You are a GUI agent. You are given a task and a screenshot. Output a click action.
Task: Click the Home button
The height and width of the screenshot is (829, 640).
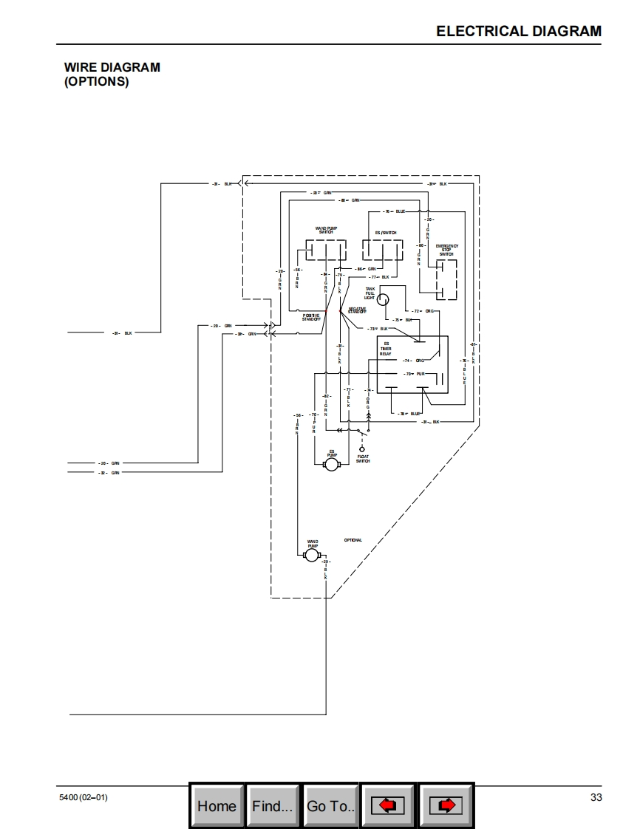click(x=217, y=806)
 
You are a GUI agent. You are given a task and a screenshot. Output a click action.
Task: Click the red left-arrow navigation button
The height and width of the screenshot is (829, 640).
click(x=388, y=806)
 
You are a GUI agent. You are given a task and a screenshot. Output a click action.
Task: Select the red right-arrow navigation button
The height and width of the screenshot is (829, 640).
click(x=446, y=806)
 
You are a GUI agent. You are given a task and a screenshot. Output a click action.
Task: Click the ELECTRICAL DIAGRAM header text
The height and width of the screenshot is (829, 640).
click(x=518, y=31)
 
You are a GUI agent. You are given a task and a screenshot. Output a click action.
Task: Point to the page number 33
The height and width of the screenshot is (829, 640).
click(x=596, y=797)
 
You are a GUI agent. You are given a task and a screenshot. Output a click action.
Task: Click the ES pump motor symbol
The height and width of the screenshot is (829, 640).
click(x=331, y=463)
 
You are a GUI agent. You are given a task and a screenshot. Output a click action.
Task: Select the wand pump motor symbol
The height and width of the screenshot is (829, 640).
click(x=312, y=555)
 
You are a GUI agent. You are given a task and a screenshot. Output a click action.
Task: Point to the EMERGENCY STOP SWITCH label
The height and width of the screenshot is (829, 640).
click(x=446, y=250)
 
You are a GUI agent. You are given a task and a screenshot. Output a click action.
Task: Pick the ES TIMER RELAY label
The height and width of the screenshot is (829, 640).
click(x=386, y=349)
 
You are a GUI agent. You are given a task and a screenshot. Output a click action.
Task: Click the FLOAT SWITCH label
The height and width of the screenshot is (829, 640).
click(x=363, y=459)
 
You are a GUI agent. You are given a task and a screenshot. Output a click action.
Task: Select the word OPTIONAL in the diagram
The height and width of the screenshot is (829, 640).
click(x=353, y=540)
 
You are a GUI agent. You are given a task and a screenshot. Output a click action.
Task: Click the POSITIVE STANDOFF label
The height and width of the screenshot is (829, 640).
click(x=311, y=317)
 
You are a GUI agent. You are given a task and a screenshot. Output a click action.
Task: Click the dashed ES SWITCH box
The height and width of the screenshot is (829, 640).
click(x=382, y=250)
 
